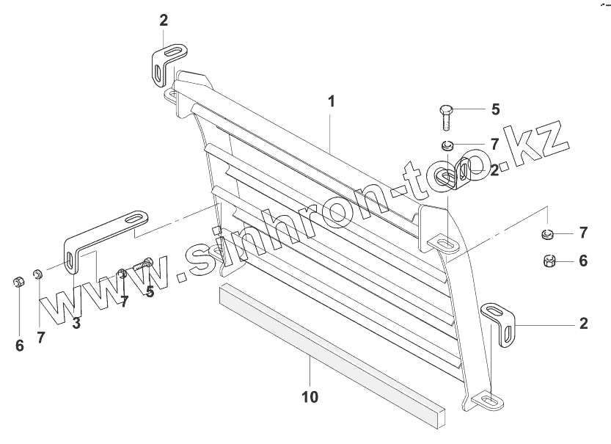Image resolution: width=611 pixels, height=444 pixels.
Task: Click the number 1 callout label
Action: click(332, 101)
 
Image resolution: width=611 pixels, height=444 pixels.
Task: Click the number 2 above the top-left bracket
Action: click(164, 20)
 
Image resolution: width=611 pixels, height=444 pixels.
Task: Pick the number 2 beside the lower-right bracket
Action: click(583, 323)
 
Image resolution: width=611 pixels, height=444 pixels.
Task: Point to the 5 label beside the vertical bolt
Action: click(495, 109)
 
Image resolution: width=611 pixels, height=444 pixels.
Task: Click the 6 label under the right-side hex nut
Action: click(583, 260)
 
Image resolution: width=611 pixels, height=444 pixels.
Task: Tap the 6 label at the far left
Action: click(19, 345)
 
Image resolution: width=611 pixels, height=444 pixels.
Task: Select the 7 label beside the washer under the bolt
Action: click(495, 143)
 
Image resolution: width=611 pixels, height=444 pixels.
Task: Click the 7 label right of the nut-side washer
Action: click(583, 233)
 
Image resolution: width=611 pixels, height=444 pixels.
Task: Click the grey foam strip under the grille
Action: click(330, 349)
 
